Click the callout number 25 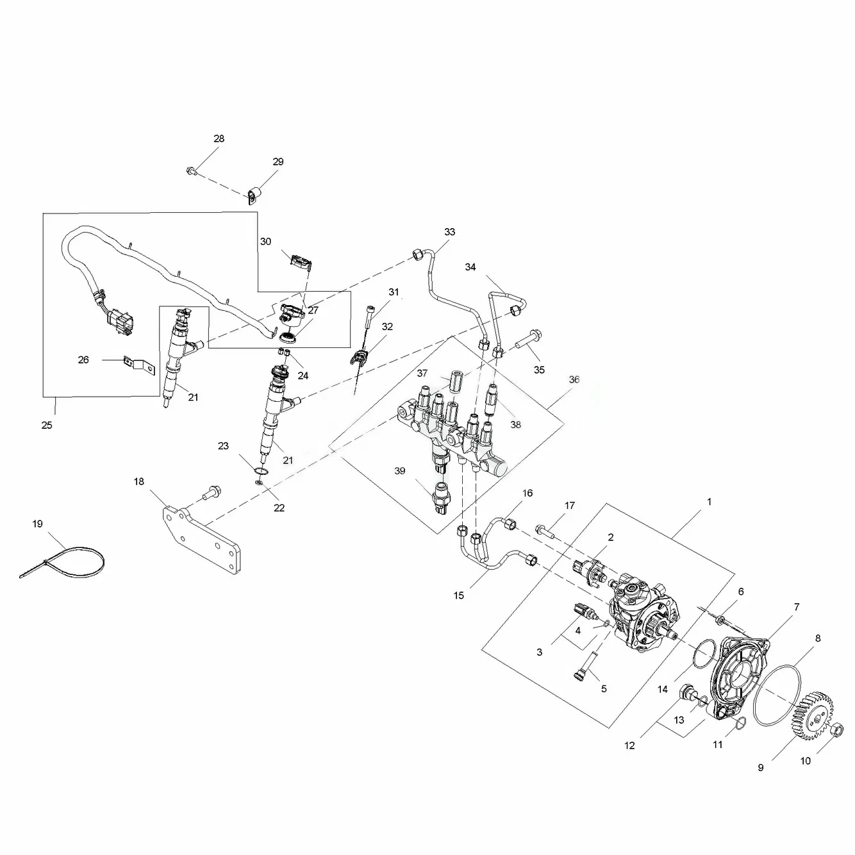tap(47, 425)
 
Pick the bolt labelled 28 tap(191, 170)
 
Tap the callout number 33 tap(449, 231)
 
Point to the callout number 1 tap(709, 502)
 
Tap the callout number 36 tap(574, 379)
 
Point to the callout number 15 tap(458, 595)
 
